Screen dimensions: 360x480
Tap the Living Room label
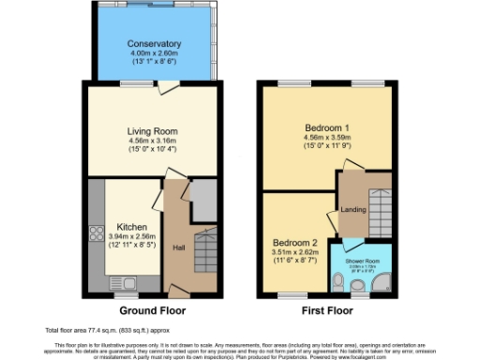point(153,131)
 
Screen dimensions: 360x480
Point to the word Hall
point(178,247)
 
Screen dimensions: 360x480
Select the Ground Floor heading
point(153,310)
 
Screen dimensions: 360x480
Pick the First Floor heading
point(327,310)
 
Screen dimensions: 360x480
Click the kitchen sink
point(124,282)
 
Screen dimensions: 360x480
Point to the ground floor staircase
point(205,251)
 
